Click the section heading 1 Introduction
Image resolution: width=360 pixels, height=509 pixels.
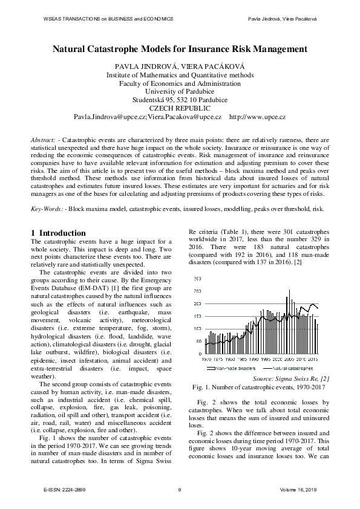click(62, 233)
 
